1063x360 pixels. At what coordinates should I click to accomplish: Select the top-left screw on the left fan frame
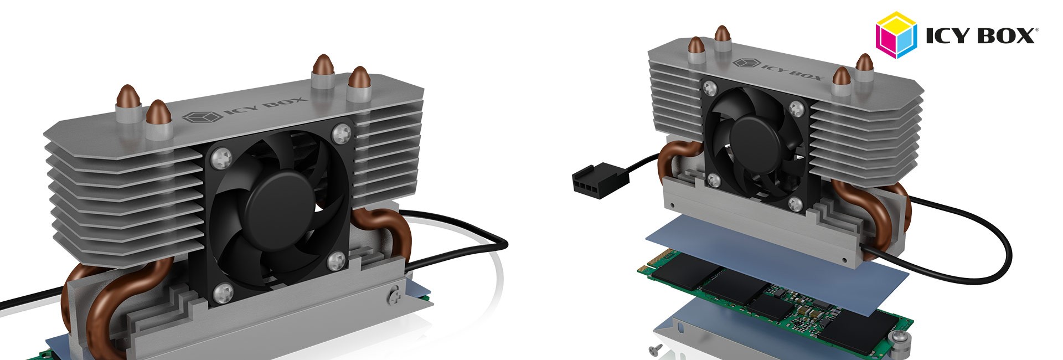pos(223,157)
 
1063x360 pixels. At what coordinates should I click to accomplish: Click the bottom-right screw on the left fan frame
pos(336,259)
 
